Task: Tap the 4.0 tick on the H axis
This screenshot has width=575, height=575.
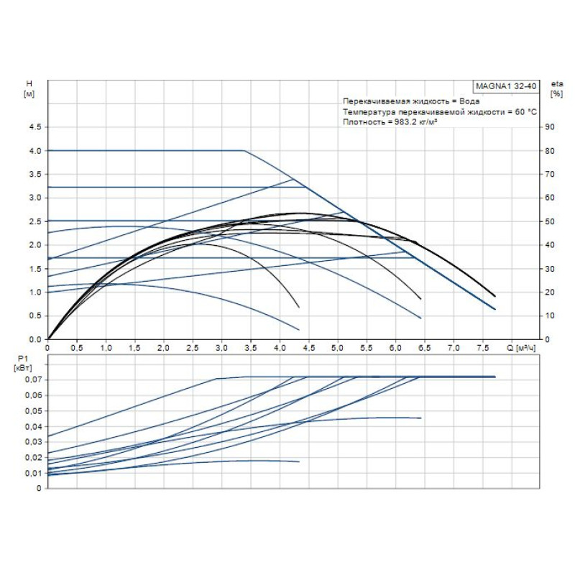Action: [x=34, y=151]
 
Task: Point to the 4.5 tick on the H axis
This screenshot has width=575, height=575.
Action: [x=34, y=127]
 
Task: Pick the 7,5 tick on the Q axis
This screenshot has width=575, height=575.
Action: [x=483, y=348]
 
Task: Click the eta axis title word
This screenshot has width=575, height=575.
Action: [x=556, y=84]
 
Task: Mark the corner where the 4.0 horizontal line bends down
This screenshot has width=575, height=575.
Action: [x=244, y=151]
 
